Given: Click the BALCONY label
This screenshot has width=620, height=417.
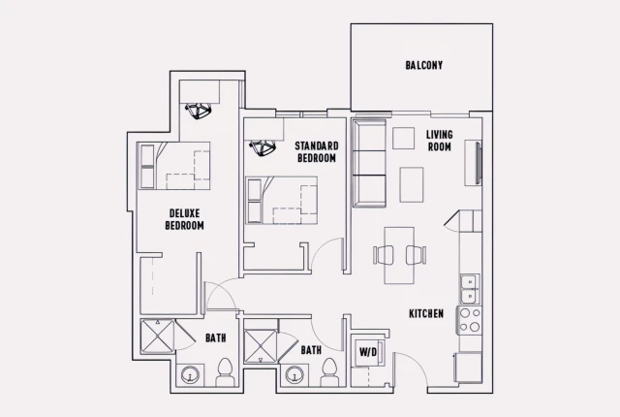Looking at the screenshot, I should (423, 66).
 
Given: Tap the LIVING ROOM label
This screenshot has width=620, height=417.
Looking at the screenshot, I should (440, 140).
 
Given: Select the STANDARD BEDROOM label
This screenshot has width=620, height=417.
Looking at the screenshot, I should (315, 151).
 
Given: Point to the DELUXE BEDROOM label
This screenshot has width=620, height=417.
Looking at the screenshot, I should (184, 219).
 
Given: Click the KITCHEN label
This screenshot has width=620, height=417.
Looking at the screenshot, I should (425, 313).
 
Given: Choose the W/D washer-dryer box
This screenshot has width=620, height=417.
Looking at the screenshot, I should (369, 352).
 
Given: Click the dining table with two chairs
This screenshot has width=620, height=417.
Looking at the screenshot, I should (400, 255).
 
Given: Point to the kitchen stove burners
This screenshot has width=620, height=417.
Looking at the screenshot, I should (470, 320).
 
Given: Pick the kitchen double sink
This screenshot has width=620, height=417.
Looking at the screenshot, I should (469, 288).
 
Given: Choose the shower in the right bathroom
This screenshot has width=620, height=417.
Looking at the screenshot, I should (262, 346).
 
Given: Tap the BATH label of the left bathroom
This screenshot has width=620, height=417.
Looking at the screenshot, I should (215, 338).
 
